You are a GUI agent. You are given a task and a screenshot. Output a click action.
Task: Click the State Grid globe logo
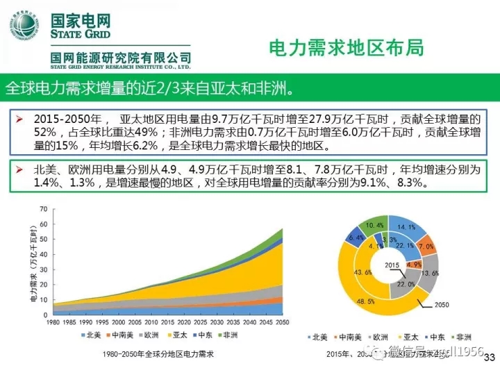pyautogui.click(x=25, y=26)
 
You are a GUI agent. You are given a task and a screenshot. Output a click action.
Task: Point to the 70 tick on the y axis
pyautogui.click(x=44, y=209)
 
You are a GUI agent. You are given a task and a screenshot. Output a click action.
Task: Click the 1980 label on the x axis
pyautogui.click(x=55, y=323)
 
